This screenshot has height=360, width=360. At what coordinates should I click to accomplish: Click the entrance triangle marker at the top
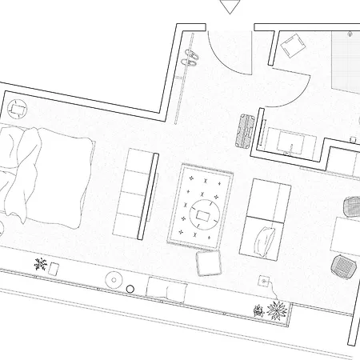(x=230, y=7)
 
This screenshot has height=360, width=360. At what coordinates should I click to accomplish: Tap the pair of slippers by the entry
(x=190, y=59)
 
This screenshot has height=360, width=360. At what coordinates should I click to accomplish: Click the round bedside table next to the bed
(x=17, y=107)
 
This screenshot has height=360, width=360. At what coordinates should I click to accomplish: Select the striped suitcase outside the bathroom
(x=246, y=130)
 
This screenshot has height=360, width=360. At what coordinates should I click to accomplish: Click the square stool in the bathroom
(x=292, y=43)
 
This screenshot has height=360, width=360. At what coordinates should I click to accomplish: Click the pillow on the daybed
(x=265, y=238)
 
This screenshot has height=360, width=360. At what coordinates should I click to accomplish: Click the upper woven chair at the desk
(x=350, y=206)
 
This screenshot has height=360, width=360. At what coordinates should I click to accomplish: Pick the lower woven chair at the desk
(x=343, y=264)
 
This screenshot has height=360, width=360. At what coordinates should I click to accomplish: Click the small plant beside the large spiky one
(x=258, y=311)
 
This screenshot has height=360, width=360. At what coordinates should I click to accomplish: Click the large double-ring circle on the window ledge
(x=114, y=279)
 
